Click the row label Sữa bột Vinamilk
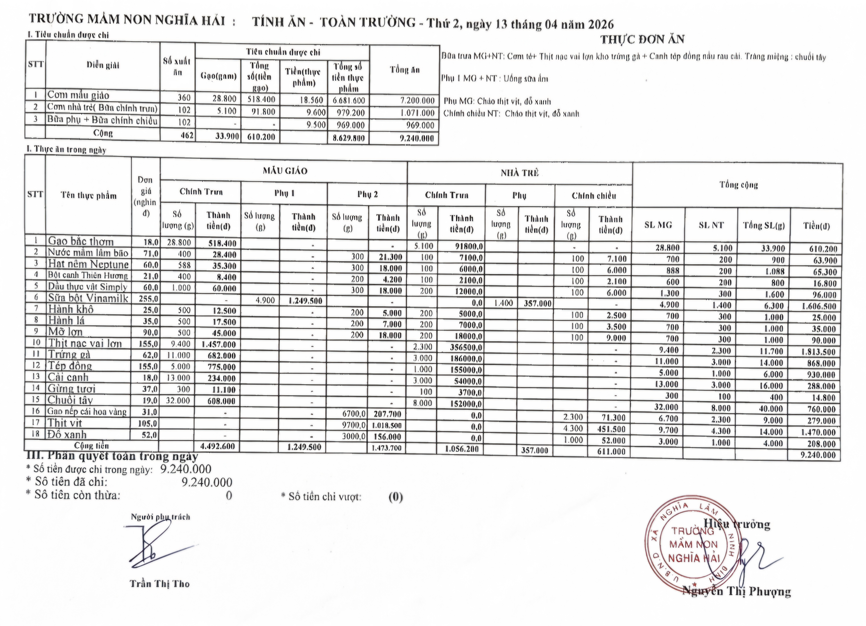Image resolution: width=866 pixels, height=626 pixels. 88,298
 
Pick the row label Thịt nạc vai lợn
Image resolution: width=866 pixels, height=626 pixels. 85,343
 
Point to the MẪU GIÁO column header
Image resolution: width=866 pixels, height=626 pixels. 285,171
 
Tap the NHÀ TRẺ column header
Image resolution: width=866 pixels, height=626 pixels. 520,173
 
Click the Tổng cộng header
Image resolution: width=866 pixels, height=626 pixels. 738,185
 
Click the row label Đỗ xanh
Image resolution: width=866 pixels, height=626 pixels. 67,435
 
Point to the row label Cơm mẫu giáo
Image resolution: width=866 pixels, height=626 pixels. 78,95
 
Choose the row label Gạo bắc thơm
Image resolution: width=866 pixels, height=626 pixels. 81,241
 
